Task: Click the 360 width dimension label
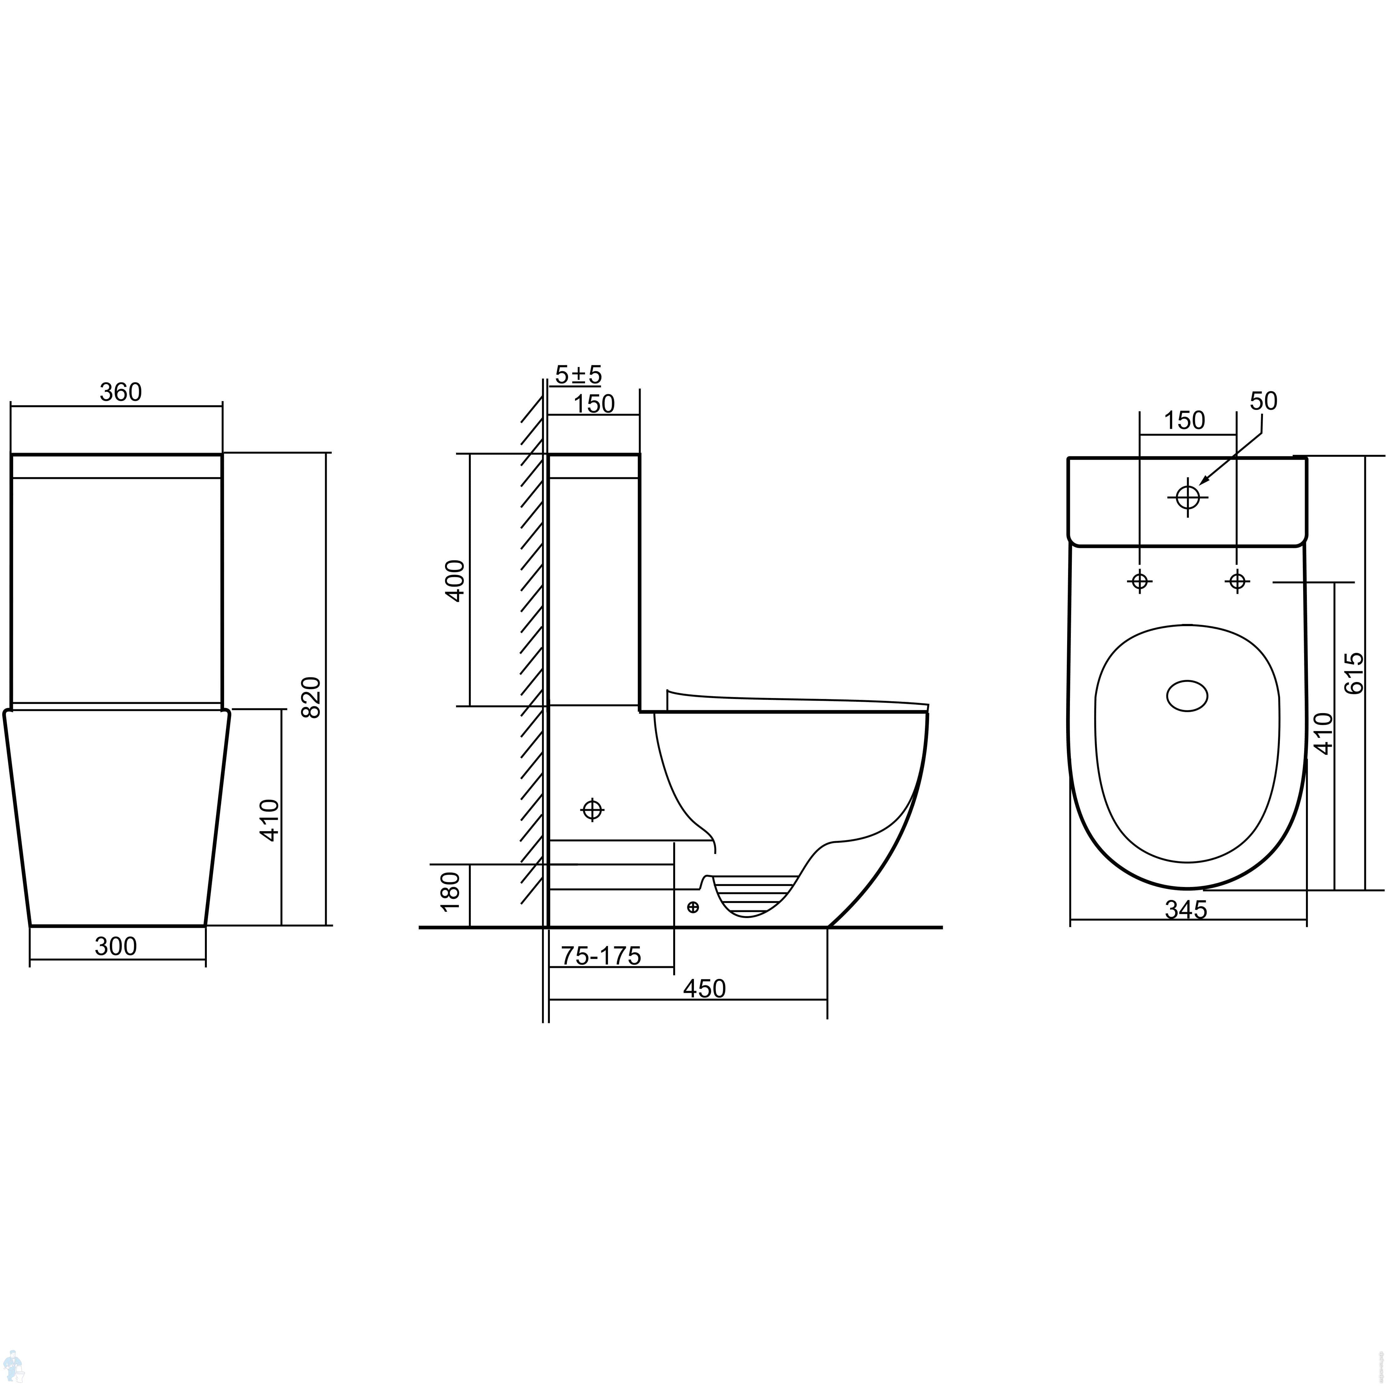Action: click(121, 392)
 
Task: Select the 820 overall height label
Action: click(311, 696)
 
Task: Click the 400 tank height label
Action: click(455, 580)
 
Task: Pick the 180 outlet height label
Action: click(450, 892)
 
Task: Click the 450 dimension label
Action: click(705, 989)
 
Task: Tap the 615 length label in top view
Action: click(1353, 673)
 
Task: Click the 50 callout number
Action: click(1263, 401)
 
